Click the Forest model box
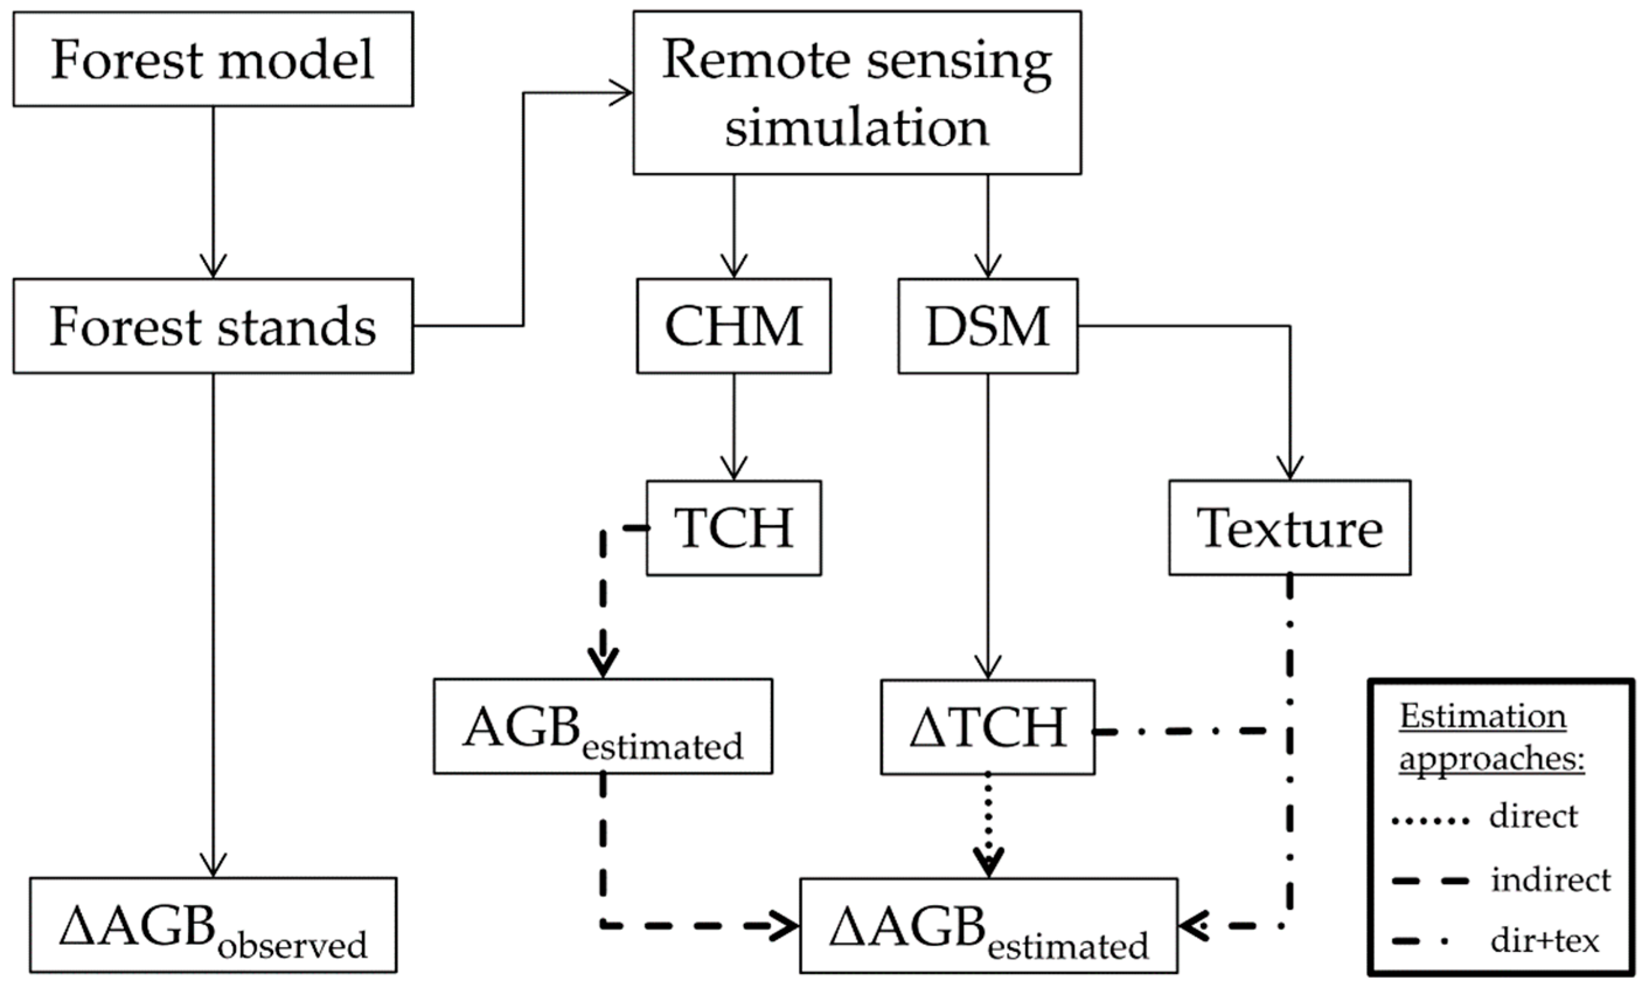(x=213, y=59)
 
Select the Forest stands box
(x=213, y=326)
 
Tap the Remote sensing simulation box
(x=857, y=92)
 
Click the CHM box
(x=733, y=326)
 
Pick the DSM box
(x=987, y=326)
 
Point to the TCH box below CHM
(x=733, y=527)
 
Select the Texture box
(x=1289, y=527)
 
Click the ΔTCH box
(x=987, y=726)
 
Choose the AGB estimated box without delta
(x=603, y=726)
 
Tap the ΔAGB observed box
(x=213, y=925)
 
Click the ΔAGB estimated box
(x=988, y=925)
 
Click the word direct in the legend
(x=1533, y=816)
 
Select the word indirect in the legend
(x=1551, y=880)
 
